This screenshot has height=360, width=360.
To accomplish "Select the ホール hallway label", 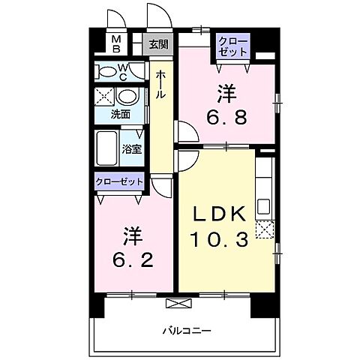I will click(x=161, y=84).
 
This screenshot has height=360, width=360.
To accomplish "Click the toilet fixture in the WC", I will click(x=106, y=73).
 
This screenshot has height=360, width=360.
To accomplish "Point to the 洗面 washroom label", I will click(x=120, y=115).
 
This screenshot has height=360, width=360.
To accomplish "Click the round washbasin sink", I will click(x=127, y=97).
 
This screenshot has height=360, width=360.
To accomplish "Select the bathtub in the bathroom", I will click(x=106, y=147).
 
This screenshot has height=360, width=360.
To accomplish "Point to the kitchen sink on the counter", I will click(x=265, y=205).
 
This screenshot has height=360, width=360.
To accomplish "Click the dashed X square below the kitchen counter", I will click(x=264, y=230).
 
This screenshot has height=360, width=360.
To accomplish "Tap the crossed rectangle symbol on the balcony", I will click(x=178, y=303).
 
